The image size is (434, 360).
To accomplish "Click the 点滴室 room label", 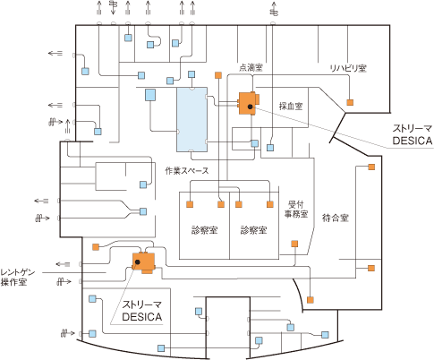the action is (251, 67).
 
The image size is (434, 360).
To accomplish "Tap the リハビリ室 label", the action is (348, 68).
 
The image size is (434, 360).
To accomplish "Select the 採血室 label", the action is (291, 106).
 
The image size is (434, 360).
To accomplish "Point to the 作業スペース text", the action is (187, 171).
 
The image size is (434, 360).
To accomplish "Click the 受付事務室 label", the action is (296, 210).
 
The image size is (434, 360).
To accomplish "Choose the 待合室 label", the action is (336, 218).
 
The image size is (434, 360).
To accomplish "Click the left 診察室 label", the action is (204, 230).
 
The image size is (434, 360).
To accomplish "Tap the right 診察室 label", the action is (253, 230).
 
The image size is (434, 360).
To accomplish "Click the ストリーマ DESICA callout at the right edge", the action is (413, 135).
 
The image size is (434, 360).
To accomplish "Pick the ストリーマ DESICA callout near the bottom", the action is (142, 311).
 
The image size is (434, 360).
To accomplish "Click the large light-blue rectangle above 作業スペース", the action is (191, 119).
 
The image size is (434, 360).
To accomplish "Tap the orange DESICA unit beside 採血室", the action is (249, 103).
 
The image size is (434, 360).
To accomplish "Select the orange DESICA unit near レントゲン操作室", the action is (144, 262).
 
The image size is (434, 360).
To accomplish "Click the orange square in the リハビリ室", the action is (350, 102).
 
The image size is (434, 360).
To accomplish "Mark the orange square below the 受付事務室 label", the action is (294, 244).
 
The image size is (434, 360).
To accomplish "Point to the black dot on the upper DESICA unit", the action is (250, 107).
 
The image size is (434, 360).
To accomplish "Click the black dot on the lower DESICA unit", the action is (137, 261).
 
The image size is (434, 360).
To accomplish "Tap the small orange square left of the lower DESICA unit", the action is (96, 247).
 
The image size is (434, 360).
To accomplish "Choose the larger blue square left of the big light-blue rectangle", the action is (150, 95).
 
